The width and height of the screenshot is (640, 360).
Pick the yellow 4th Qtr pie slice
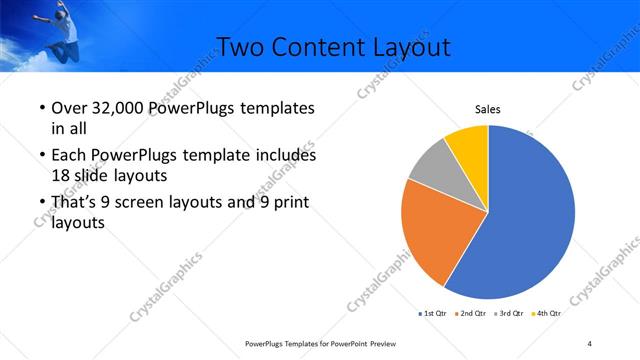(468, 145)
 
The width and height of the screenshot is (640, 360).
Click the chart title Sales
(487, 110)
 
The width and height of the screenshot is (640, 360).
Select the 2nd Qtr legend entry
(473, 313)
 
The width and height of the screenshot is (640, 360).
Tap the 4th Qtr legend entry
(547, 313)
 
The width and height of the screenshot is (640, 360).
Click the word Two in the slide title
(239, 46)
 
